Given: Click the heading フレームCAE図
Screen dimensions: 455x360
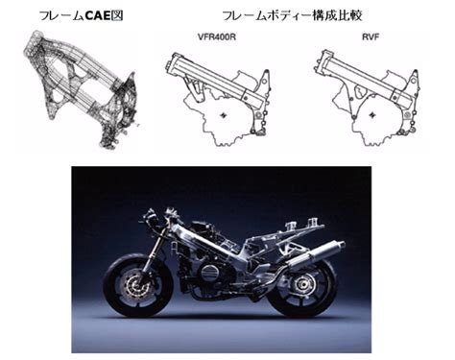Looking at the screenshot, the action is pyautogui.click(x=82, y=15).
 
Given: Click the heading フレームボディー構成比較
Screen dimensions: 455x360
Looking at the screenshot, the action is pyautogui.click(x=292, y=15).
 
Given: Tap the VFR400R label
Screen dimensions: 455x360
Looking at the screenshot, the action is pyautogui.click(x=217, y=36).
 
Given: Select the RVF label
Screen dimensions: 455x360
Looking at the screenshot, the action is pyautogui.click(x=371, y=36).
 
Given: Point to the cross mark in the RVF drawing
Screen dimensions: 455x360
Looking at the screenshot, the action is pyautogui.click(x=372, y=115).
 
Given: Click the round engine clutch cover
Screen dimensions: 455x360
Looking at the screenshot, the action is pyautogui.click(x=210, y=273).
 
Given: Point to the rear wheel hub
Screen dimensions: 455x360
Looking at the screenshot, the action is pyautogui.click(x=301, y=284).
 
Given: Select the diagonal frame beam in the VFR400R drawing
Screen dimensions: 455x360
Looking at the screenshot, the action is pyautogui.click(x=218, y=81).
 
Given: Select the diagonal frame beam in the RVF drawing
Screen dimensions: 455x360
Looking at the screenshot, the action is pyautogui.click(x=367, y=80).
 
